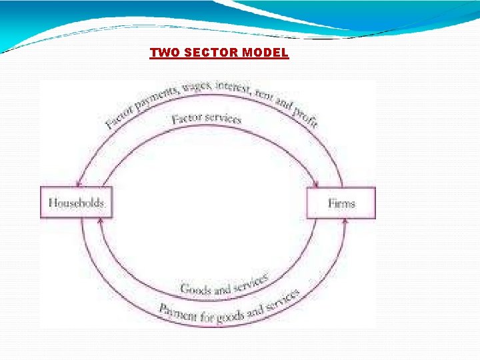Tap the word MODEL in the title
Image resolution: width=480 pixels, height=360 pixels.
coord(265,53)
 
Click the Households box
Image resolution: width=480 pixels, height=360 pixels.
coord(77,202)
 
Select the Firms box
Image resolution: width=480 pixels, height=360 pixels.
coord(341,203)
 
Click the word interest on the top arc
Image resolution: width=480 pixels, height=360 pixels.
coord(233,87)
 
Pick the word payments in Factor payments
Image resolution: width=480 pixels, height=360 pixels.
coord(154,97)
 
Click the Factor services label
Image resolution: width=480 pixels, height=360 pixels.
coord(206,118)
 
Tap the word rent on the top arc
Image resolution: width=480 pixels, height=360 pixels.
coord(265,95)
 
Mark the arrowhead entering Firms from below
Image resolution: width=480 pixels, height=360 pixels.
coord(345,221)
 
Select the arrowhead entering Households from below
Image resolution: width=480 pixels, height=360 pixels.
coord(101,221)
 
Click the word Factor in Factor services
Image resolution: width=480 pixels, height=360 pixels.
coord(186,119)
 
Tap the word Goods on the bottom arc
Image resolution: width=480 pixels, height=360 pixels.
coord(195,289)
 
